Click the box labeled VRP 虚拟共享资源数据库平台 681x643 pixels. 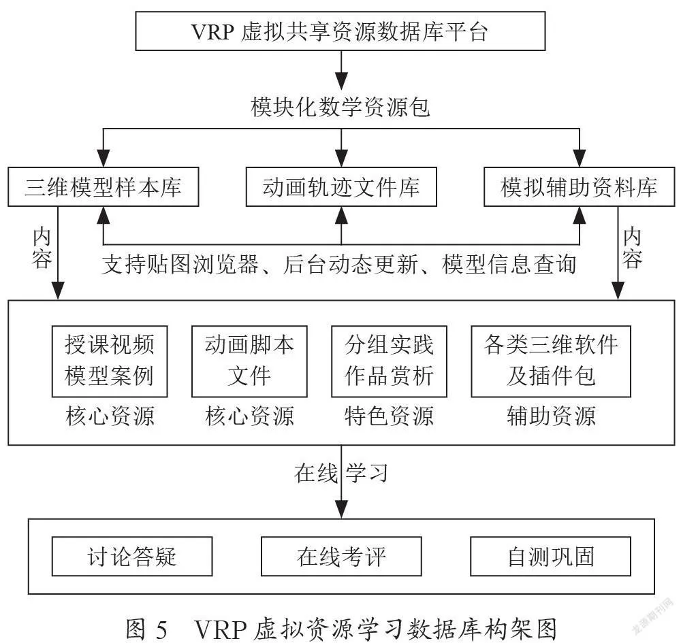pos(340,31)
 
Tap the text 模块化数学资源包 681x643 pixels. pos(340,107)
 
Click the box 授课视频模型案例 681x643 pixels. pos(110,361)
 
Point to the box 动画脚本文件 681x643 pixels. pos(249,361)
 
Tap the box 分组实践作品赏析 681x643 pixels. pos(389,361)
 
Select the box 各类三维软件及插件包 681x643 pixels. pos(551,361)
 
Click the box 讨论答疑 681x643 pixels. pos(132,557)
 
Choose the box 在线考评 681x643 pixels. pos(341,557)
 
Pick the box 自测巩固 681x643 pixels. pos(550,557)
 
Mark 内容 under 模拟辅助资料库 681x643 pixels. pos(633,248)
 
